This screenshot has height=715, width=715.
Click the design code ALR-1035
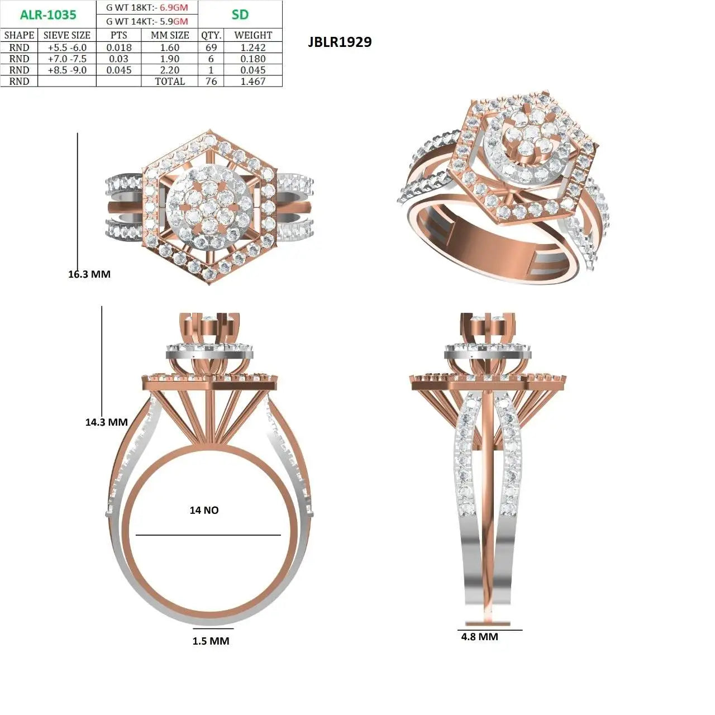pos(48,15)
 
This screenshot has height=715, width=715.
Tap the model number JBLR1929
pos(340,42)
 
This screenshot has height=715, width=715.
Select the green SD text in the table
pos(240,15)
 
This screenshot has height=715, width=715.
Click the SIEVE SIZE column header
pos(67,35)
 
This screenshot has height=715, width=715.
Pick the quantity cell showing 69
pos(211,47)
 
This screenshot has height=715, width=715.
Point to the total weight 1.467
pos(252,81)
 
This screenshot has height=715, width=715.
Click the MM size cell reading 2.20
pos(170,70)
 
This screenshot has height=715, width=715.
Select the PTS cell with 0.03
pos(119,59)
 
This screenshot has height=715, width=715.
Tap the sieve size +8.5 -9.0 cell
pos(67,70)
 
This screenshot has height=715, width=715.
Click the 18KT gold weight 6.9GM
pos(174,7)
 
